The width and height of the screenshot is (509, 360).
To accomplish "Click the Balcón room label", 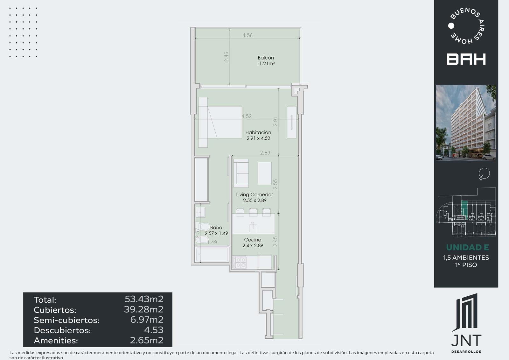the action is [266, 58].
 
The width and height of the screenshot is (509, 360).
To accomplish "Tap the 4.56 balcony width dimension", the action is [248, 35].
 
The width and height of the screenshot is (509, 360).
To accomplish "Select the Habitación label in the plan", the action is [258, 132].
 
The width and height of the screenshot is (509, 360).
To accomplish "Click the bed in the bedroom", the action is [220, 122].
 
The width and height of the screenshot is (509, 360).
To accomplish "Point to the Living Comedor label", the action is [254, 194].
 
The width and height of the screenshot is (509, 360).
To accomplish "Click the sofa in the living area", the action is [241, 173].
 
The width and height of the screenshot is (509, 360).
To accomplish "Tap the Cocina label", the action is [253, 240].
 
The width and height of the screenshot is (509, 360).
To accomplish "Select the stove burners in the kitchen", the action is [240, 262].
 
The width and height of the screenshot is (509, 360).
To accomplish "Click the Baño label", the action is [216, 227].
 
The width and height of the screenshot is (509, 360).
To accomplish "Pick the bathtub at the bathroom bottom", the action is [212, 254].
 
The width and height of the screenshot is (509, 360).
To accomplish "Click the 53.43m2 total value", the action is [144, 299].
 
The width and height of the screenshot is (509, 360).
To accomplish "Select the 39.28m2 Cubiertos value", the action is [144, 309].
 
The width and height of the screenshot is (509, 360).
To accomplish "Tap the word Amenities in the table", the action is [56, 341].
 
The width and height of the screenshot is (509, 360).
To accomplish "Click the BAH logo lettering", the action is [466, 59].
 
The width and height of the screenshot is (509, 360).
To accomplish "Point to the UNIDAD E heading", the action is [467, 247].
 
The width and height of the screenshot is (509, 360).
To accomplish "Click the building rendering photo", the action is [466, 123].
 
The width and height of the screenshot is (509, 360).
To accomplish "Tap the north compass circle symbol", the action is [485, 173].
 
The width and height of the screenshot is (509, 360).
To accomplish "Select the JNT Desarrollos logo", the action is [466, 323].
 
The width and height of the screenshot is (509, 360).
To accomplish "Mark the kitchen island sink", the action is [253, 227].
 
